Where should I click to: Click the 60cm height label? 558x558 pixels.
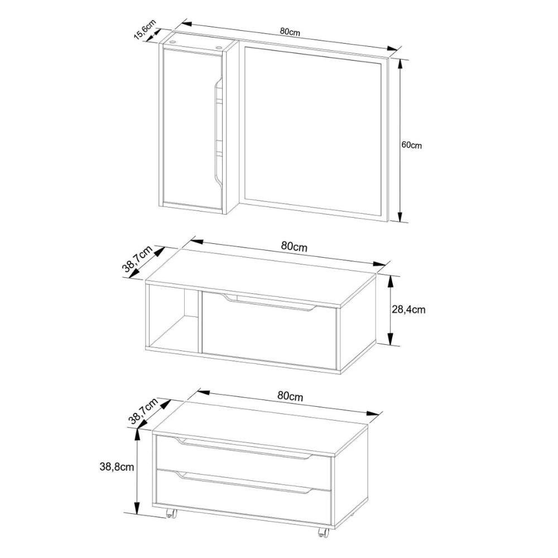coord(411,145)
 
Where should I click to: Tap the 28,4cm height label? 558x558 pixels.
coord(408,310)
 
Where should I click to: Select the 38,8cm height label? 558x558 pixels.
coord(117,466)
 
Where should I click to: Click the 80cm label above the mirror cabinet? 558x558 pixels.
coord(290,31)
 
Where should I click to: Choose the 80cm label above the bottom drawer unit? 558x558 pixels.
coord(290,396)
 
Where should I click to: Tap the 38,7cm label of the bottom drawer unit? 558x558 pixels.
coord(143,411)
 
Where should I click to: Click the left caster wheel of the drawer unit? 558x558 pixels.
coord(171,513)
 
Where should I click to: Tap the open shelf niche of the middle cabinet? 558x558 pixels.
coord(173,320)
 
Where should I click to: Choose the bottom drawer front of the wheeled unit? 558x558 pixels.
coord(243,496)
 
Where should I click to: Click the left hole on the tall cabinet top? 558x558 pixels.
coord(174,42)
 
